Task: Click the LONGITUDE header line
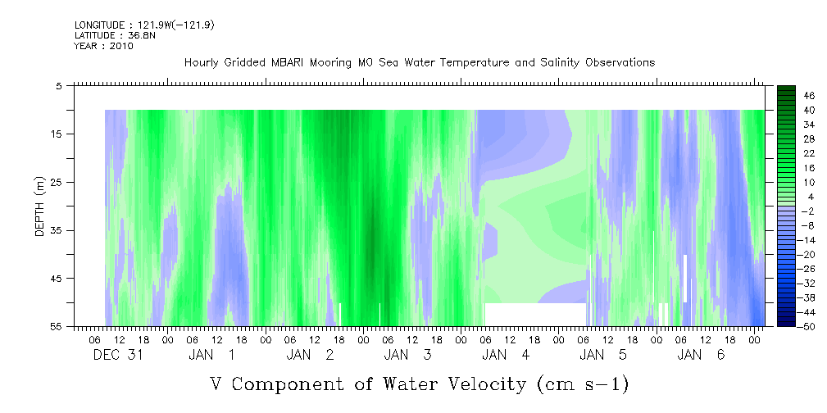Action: [x=144, y=25]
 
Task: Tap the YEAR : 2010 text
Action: [x=104, y=46]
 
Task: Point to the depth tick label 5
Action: [x=58, y=86]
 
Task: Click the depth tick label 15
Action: [x=55, y=134]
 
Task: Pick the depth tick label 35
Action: [x=55, y=230]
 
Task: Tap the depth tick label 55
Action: [x=55, y=326]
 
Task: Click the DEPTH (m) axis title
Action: [x=40, y=206]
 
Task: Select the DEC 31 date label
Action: [x=118, y=355]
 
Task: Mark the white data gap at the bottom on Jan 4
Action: [x=535, y=315]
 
